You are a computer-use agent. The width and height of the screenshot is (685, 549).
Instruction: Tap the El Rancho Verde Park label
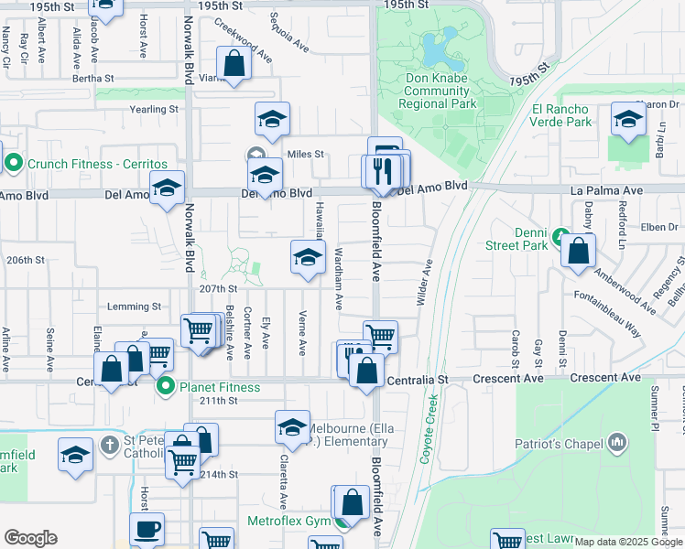point(561,115)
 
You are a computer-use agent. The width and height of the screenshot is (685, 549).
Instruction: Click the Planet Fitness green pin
point(166,387)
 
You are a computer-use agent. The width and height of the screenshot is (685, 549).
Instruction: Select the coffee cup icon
point(147,528)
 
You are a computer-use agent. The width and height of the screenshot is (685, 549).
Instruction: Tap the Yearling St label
point(155,110)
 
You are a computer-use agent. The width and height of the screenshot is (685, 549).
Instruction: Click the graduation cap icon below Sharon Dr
point(628,120)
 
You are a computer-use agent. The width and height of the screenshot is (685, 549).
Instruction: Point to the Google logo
point(31,538)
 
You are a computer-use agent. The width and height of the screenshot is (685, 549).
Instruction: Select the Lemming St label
point(134,307)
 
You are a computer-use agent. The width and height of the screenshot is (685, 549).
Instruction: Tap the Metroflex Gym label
point(288,521)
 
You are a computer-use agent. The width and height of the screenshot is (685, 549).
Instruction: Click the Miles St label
point(306,155)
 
